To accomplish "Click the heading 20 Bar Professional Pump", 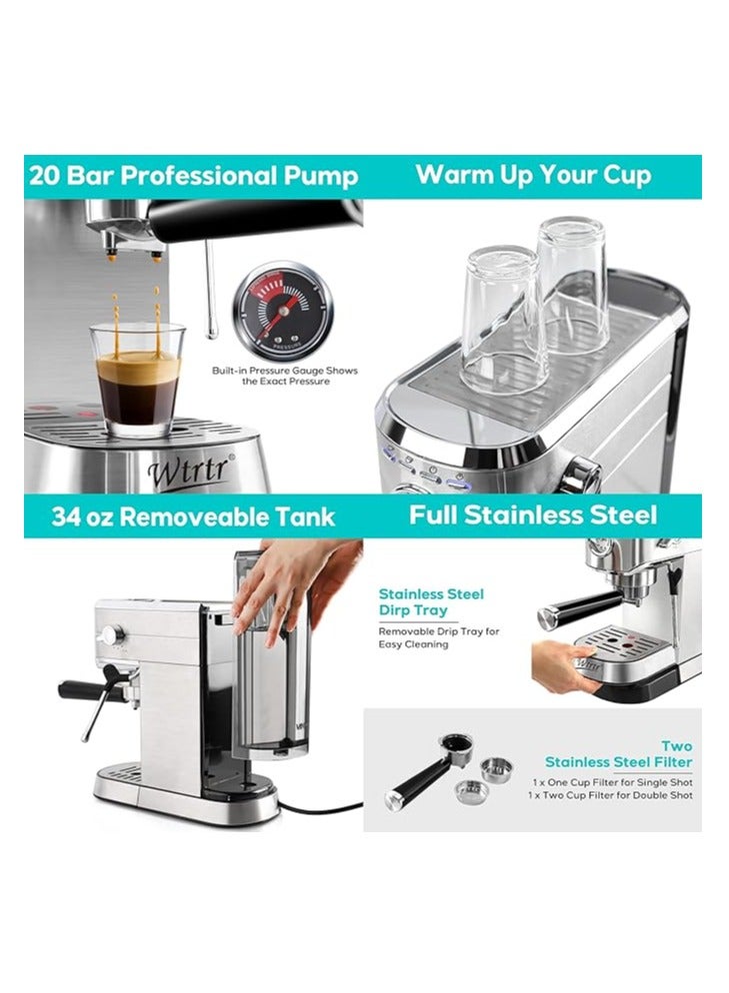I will (x=193, y=177).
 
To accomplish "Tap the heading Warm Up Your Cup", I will (x=533, y=175).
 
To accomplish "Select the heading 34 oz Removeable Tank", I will (x=193, y=516).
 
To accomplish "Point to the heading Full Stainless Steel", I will (x=533, y=515).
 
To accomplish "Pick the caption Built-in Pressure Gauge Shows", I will (x=284, y=371).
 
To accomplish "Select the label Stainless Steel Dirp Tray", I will (x=431, y=601).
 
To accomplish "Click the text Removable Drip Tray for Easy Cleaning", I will (x=438, y=637).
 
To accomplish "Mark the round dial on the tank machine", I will (x=111, y=634).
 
